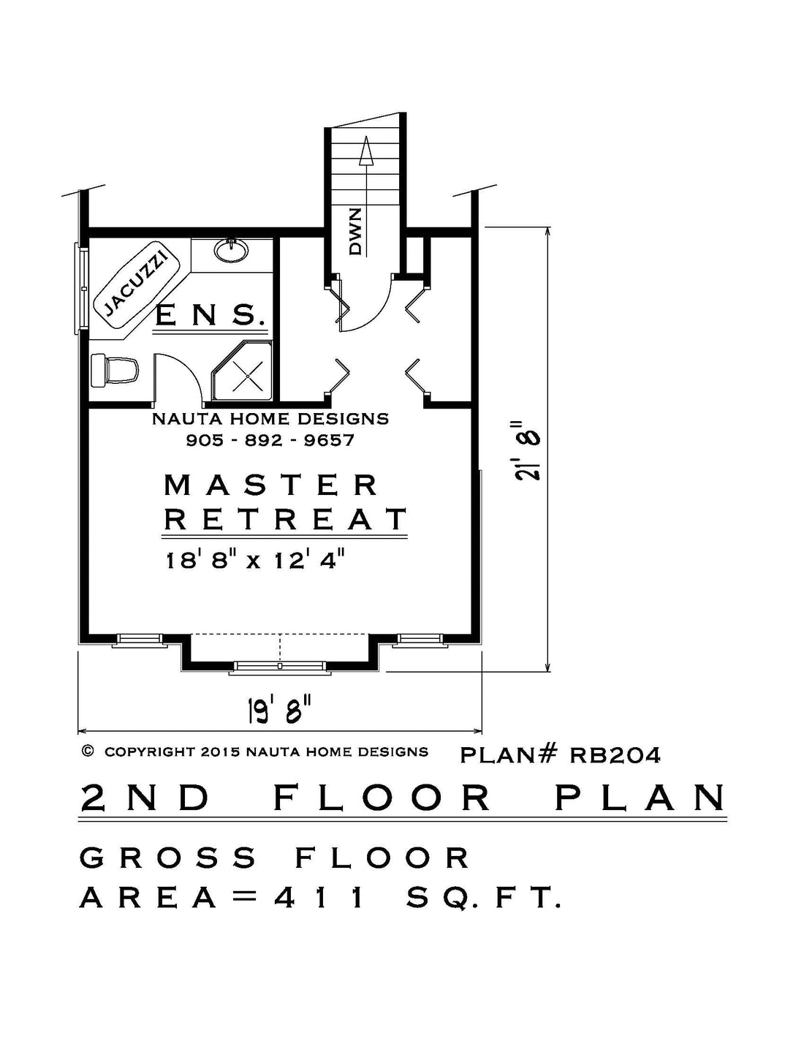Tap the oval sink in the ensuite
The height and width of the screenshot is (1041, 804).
(x=231, y=249)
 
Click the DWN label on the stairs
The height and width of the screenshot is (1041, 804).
(x=355, y=232)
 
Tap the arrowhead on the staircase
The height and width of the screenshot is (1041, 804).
(x=366, y=151)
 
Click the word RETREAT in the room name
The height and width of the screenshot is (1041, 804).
(x=285, y=518)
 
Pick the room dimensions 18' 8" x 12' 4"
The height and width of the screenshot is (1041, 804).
(x=255, y=559)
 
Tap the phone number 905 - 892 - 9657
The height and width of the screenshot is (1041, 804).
(x=270, y=440)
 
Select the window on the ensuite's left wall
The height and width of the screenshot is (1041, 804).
(x=80, y=287)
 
